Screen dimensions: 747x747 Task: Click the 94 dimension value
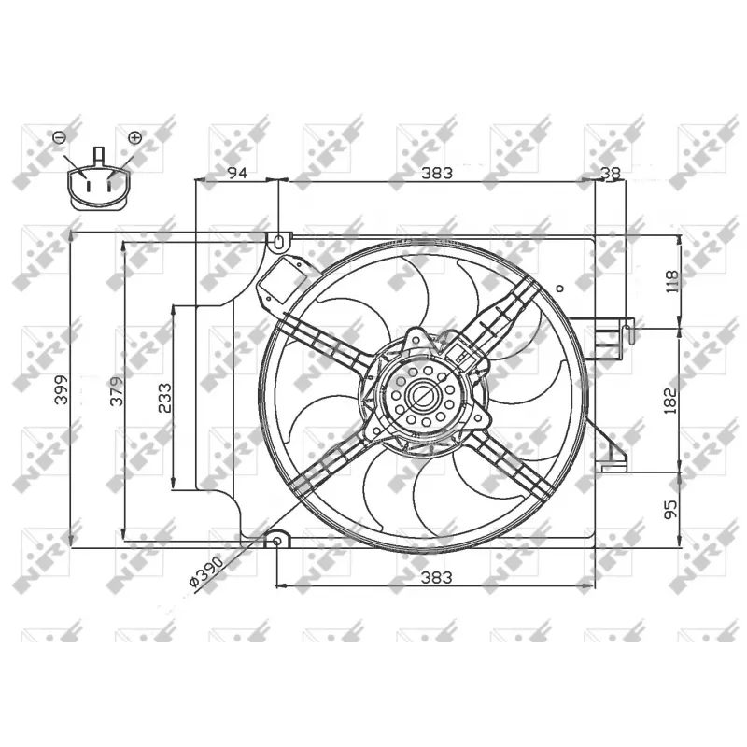click(x=237, y=173)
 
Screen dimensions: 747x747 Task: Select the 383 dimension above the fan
click(x=436, y=173)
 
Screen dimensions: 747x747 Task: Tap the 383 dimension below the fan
click(x=436, y=578)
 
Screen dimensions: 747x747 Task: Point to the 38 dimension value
click(x=610, y=173)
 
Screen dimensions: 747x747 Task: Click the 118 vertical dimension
click(x=669, y=281)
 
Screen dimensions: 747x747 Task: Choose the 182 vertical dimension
click(x=669, y=399)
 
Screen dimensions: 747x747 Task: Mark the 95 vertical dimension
click(x=669, y=509)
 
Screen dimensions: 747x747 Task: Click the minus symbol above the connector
click(x=59, y=137)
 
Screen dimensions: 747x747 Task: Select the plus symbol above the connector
click(x=134, y=137)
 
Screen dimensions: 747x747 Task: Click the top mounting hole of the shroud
click(x=279, y=241)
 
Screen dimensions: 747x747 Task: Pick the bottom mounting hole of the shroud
click(x=279, y=542)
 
